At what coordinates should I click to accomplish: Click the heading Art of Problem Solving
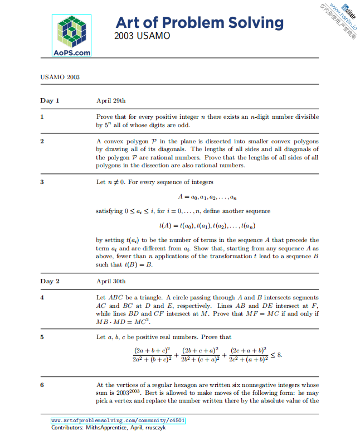click(199, 23)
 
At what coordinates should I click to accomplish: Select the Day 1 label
click(50, 101)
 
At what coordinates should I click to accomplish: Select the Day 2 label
click(50, 281)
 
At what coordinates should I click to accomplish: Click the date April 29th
click(111, 101)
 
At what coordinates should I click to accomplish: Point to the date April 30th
click(111, 281)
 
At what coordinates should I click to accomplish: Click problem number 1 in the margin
click(42, 117)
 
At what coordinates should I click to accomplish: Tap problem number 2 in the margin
click(42, 142)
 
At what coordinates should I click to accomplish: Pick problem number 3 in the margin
click(42, 182)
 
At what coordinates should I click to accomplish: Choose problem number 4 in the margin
click(42, 297)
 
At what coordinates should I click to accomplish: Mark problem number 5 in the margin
click(42, 337)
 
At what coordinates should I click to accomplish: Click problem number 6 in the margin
click(42, 385)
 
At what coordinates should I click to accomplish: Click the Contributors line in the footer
click(108, 428)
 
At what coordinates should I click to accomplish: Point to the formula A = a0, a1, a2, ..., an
click(207, 196)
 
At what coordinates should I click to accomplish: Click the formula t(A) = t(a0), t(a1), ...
click(207, 225)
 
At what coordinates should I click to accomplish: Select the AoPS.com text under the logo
click(71, 52)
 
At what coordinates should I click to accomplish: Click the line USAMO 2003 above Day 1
click(60, 77)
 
